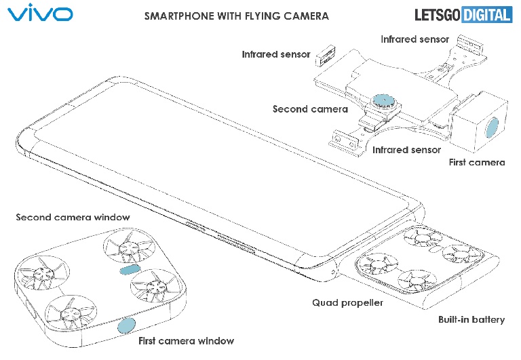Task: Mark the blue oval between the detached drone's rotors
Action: pyautogui.click(x=129, y=271)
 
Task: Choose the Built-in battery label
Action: pyautogui.click(x=469, y=319)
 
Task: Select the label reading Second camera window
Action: pyautogui.click(x=73, y=218)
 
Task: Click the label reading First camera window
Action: pyautogui.click(x=187, y=340)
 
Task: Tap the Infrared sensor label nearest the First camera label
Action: pyautogui.click(x=406, y=149)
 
